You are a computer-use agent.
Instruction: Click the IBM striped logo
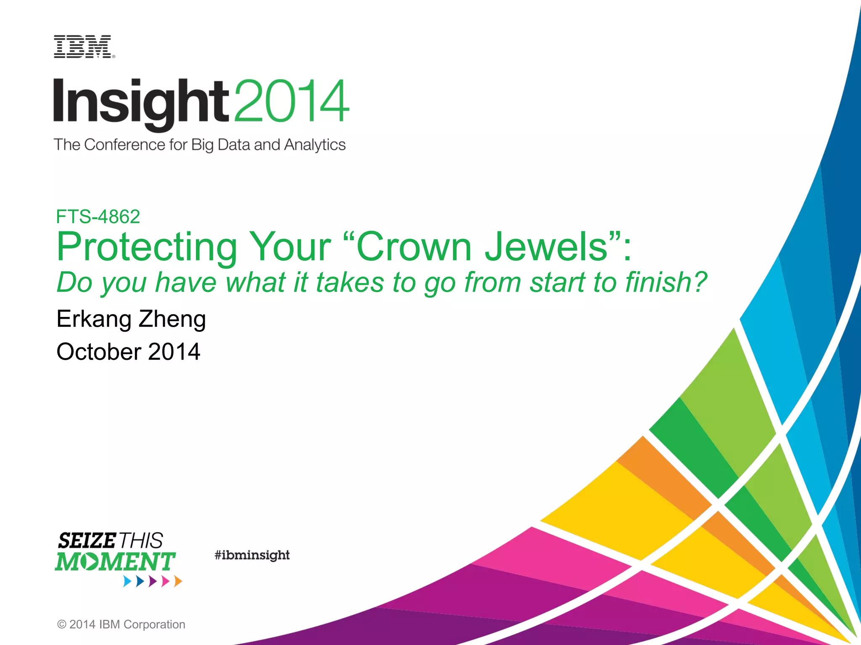pyautogui.click(x=83, y=47)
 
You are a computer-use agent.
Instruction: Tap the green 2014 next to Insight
pyautogui.click(x=291, y=101)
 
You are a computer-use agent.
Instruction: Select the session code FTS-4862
pyautogui.click(x=98, y=217)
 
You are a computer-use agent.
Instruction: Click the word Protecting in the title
pyautogui.click(x=147, y=247)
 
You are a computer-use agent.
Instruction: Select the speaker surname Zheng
pyautogui.click(x=172, y=319)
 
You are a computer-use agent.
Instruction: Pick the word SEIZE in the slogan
pyautogui.click(x=87, y=540)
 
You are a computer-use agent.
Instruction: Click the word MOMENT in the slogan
pyautogui.click(x=115, y=562)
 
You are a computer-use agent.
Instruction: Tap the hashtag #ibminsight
pyautogui.click(x=252, y=555)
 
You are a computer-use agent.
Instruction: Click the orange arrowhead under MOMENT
pyautogui.click(x=178, y=581)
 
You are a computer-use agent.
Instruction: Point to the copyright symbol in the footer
pyautogui.click(x=61, y=624)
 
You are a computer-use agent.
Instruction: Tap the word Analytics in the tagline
pyautogui.click(x=314, y=145)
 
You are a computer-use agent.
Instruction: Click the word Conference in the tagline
pyautogui.click(x=124, y=145)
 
